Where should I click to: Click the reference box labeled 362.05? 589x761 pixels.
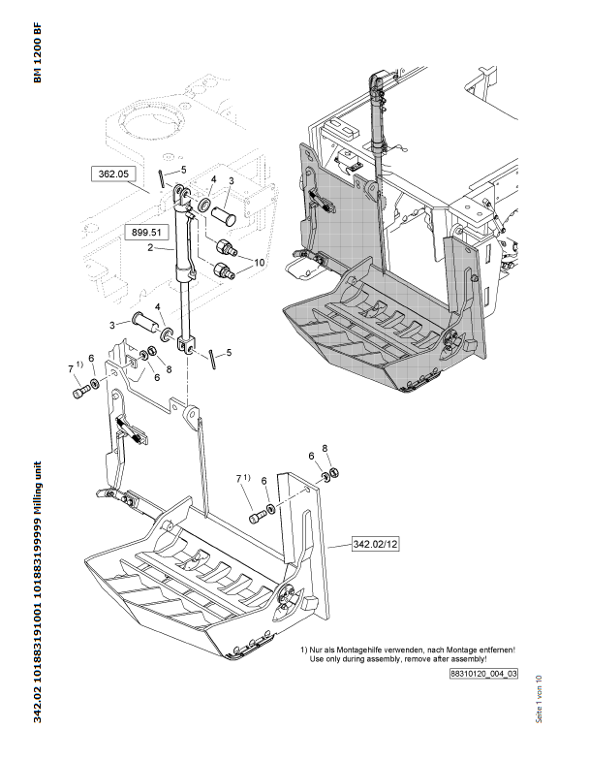114,174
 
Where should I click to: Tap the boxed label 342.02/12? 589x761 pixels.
374,546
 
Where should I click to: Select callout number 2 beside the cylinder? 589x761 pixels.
150,248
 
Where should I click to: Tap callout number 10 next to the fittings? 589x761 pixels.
258,263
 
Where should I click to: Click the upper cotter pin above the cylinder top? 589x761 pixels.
160,177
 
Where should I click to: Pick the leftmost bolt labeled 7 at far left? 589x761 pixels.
80,393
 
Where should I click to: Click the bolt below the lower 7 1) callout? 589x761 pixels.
257,518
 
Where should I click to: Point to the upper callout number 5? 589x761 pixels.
182,170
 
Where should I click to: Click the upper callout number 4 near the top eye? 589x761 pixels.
213,180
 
